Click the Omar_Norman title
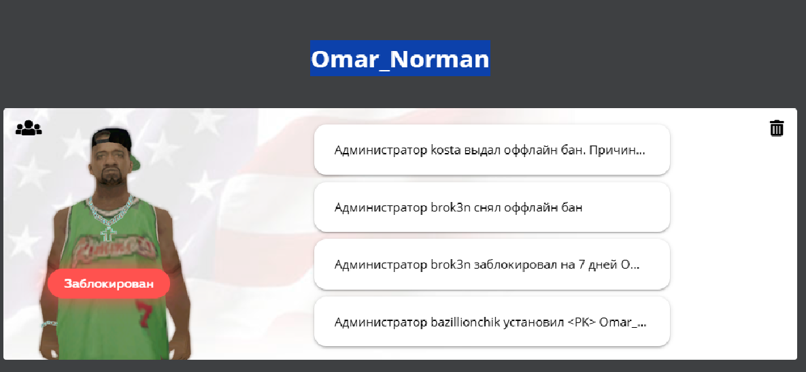400,59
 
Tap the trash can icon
777,127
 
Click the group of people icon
29,127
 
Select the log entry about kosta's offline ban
492,150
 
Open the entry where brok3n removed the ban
492,207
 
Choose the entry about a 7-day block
492,265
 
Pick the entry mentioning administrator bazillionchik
492,322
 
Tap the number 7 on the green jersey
144,315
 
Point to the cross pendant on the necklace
108,234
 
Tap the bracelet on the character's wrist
50,323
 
